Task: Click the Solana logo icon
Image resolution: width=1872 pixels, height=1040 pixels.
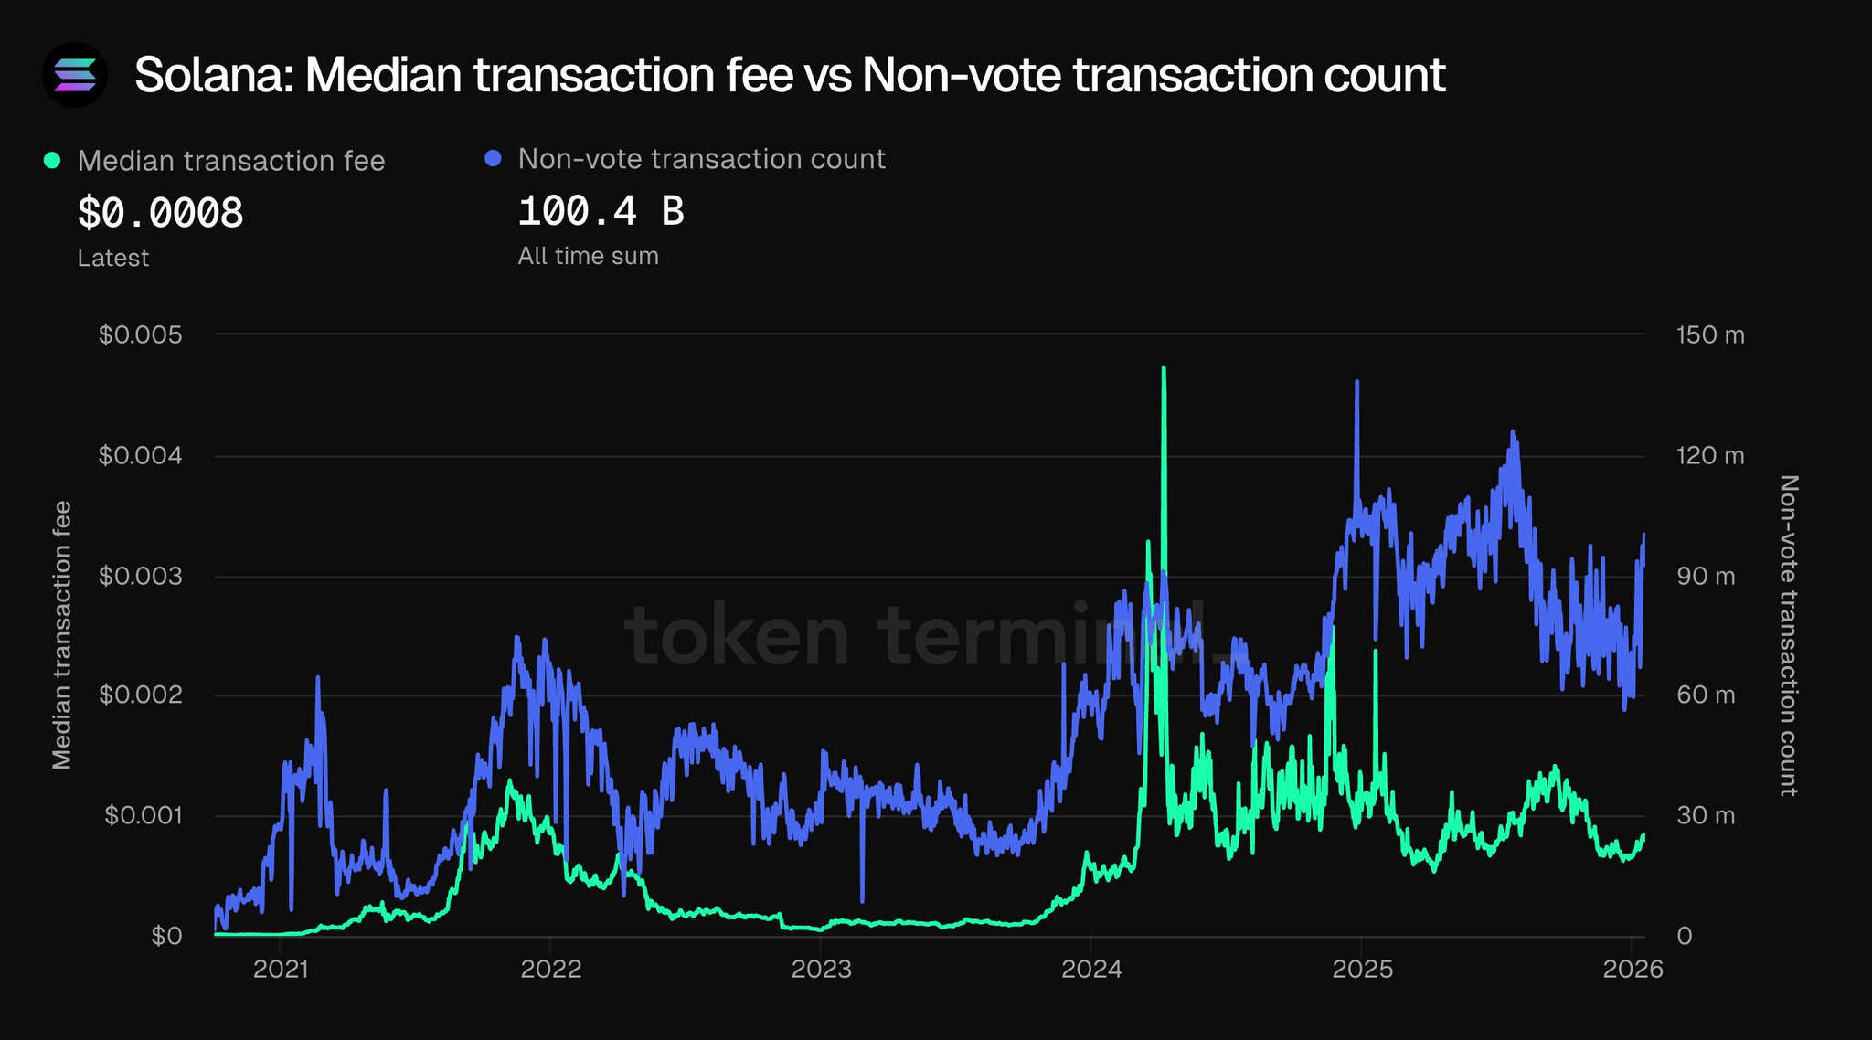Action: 75,75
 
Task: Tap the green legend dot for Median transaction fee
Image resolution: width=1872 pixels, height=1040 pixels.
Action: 53,161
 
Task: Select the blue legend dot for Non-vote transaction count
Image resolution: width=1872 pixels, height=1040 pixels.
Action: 494,159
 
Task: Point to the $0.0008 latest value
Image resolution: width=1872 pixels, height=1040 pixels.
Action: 161,213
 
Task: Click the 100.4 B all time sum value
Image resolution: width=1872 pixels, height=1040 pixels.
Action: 601,211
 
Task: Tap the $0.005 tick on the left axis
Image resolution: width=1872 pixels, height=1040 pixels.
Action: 141,335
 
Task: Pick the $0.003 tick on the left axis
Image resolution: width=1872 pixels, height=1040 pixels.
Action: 141,577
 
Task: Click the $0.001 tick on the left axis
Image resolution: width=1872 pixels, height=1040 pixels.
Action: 144,815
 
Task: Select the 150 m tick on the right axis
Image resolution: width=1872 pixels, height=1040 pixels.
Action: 1709,335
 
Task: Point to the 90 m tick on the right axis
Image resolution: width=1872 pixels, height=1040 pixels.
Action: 1705,577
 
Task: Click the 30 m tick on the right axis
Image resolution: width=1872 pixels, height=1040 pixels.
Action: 1705,815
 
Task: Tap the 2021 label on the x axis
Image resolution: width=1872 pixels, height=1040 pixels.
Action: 281,969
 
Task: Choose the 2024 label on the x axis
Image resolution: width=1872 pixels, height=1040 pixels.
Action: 1091,969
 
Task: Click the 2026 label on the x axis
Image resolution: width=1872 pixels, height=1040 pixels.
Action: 1633,969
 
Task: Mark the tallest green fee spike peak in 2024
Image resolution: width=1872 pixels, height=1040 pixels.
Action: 1164,368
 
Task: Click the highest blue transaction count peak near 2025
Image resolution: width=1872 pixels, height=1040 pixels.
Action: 1356,382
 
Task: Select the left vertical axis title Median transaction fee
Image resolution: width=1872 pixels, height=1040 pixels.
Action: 61,635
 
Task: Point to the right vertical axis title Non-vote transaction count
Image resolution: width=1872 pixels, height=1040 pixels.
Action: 1789,635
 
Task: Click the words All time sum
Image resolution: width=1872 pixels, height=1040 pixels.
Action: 588,256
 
